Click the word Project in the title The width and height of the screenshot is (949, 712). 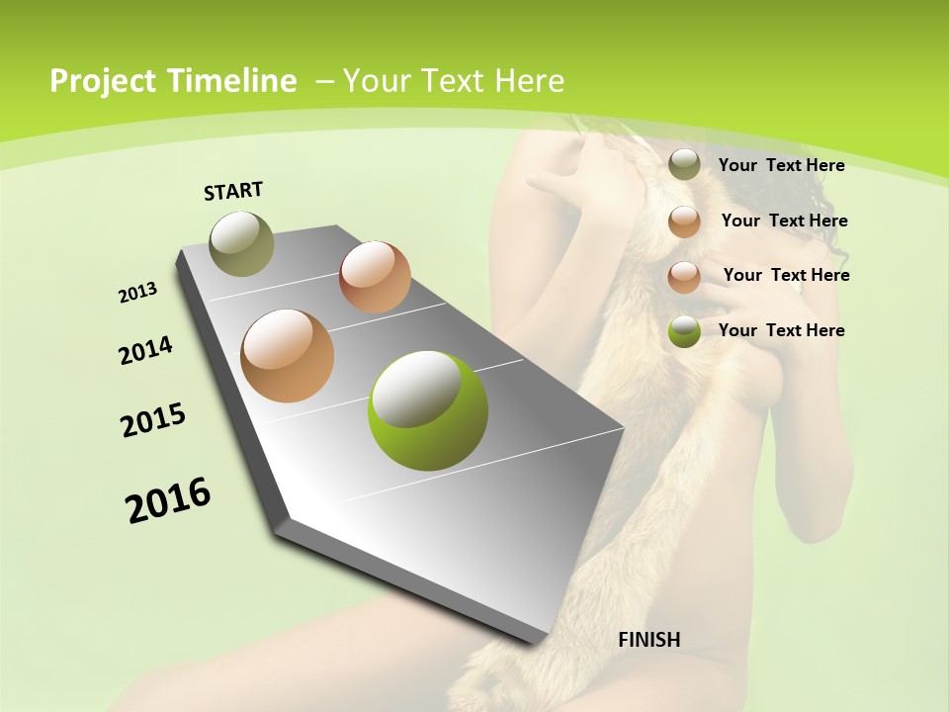[101, 81]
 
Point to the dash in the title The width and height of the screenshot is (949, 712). [323, 82]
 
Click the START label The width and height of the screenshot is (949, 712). [233, 191]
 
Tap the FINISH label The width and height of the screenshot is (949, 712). [649, 640]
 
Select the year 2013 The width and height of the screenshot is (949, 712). [137, 293]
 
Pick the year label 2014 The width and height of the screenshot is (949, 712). [145, 350]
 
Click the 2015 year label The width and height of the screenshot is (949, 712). [153, 420]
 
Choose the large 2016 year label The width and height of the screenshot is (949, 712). [168, 500]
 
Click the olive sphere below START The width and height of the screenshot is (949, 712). [241, 243]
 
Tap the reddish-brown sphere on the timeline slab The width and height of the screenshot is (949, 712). [375, 277]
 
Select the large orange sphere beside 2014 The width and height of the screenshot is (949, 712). [287, 356]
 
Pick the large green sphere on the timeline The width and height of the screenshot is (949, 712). [428, 410]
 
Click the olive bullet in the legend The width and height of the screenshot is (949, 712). [684, 165]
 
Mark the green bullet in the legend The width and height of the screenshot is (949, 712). [684, 331]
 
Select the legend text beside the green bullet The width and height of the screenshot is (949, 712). [781, 330]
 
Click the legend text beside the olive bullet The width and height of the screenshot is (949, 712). [781, 165]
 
